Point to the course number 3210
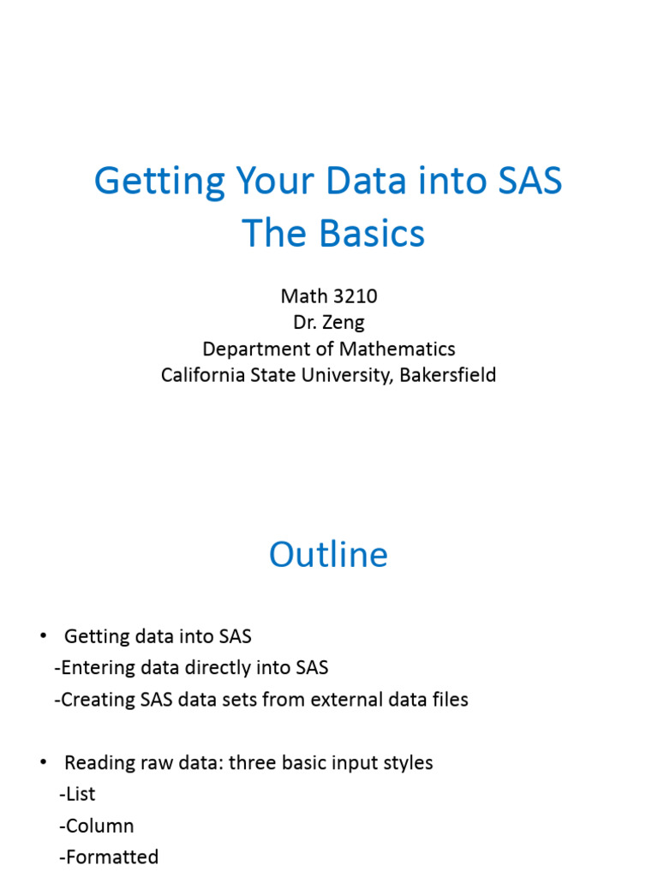click(353, 296)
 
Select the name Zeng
click(343, 323)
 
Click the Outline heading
click(328, 555)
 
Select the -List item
click(77, 794)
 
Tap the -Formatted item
click(109, 856)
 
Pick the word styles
click(407, 762)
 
